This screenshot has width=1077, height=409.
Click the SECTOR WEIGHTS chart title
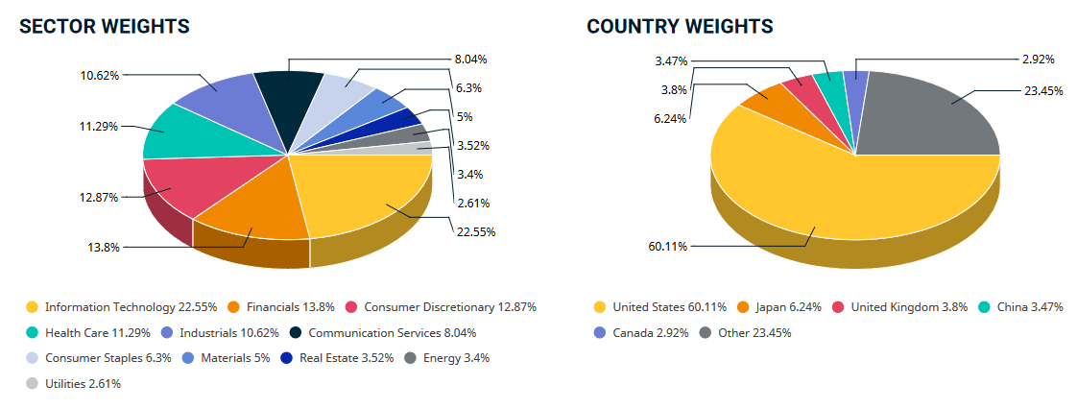click(105, 27)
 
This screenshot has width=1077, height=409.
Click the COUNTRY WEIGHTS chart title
click(680, 27)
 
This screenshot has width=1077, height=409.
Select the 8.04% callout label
click(470, 59)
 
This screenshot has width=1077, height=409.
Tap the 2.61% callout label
click(470, 203)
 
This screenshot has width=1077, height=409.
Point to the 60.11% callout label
click(669, 247)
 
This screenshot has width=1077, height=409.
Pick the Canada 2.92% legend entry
click(643, 333)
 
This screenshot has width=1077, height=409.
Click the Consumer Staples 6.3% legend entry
click(99, 358)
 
